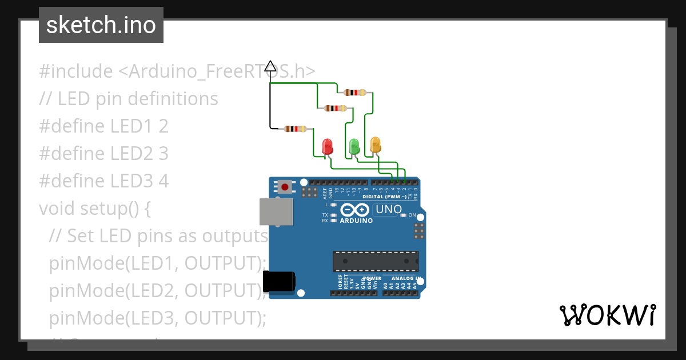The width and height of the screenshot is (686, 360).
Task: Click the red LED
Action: click(x=328, y=146)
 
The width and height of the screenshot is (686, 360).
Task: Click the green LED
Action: click(x=354, y=146)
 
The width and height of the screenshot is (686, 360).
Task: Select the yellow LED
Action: click(x=375, y=144)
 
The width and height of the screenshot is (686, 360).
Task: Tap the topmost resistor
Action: click(x=355, y=92)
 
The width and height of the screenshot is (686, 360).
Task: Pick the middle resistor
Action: click(x=335, y=108)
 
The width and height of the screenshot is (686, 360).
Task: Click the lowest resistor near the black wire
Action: click(x=295, y=129)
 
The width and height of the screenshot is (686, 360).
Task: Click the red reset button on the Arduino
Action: click(x=285, y=187)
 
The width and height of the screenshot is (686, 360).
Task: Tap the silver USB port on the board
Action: click(x=273, y=211)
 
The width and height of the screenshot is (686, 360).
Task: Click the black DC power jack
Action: click(x=278, y=282)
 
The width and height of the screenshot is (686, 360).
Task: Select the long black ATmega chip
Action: click(x=376, y=261)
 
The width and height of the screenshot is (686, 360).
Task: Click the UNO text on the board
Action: click(x=389, y=210)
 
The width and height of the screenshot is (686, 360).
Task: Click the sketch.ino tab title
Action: click(x=101, y=25)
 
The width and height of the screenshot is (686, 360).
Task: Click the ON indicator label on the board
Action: click(x=412, y=215)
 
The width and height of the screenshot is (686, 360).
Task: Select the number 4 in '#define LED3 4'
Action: click(x=163, y=181)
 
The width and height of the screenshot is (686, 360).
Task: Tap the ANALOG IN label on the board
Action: click(x=406, y=278)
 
